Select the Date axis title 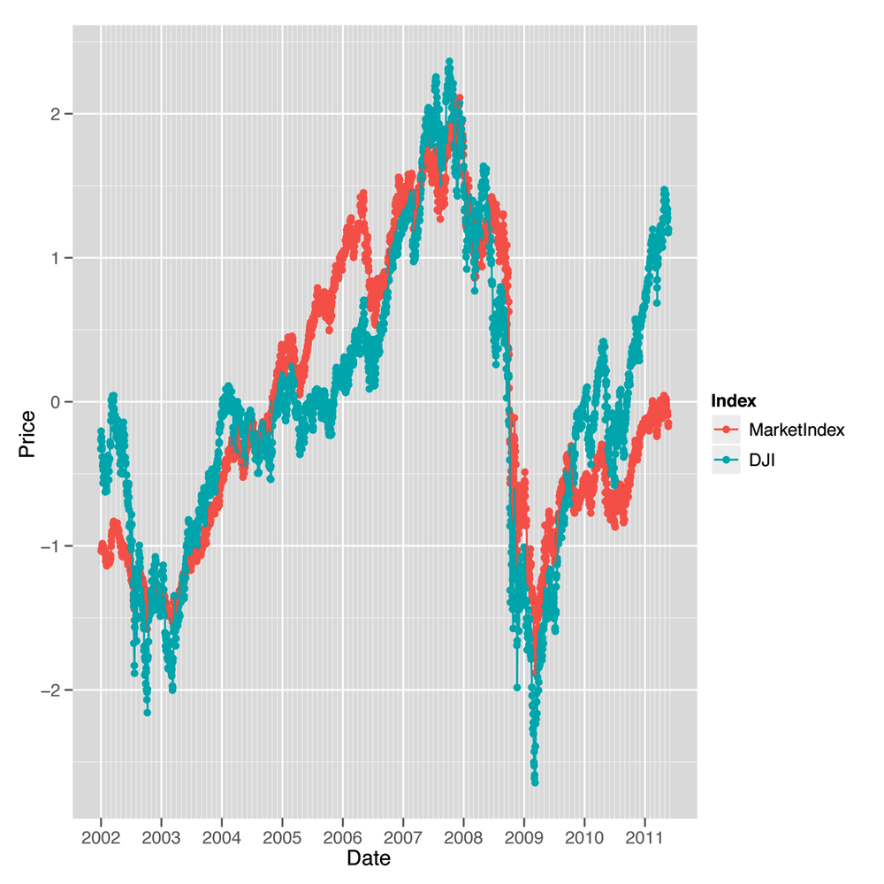pos(369,858)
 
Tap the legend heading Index pos(733,401)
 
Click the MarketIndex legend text pos(796,431)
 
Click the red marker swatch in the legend pos(726,431)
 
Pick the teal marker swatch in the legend pos(726,459)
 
